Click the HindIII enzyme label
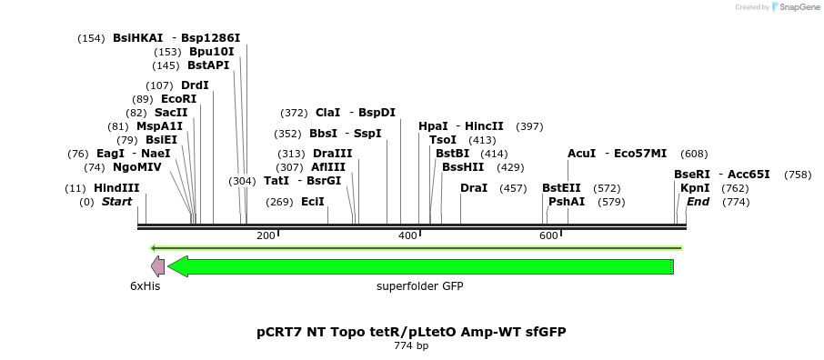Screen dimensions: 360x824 (116, 188)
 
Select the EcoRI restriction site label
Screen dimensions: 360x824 (178, 99)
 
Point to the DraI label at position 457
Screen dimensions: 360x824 (474, 188)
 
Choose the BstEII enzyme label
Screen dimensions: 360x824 (561, 188)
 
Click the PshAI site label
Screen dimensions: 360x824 (567, 202)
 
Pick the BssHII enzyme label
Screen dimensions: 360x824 (464, 167)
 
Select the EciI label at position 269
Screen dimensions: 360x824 (313, 202)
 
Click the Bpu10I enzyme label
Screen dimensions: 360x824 (211, 52)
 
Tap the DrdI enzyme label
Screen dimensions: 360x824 (195, 85)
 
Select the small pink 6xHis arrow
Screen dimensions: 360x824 (157, 266)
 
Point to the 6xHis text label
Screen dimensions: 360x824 (145, 285)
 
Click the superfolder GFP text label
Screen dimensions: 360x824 (420, 285)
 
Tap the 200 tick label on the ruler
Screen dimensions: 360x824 (266, 236)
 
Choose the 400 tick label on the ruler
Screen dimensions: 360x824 (407, 236)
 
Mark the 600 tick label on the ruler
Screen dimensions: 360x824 (548, 236)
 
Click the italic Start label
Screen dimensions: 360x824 (116, 202)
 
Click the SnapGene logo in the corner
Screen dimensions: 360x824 (792, 7)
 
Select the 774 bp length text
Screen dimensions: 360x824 (411, 346)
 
